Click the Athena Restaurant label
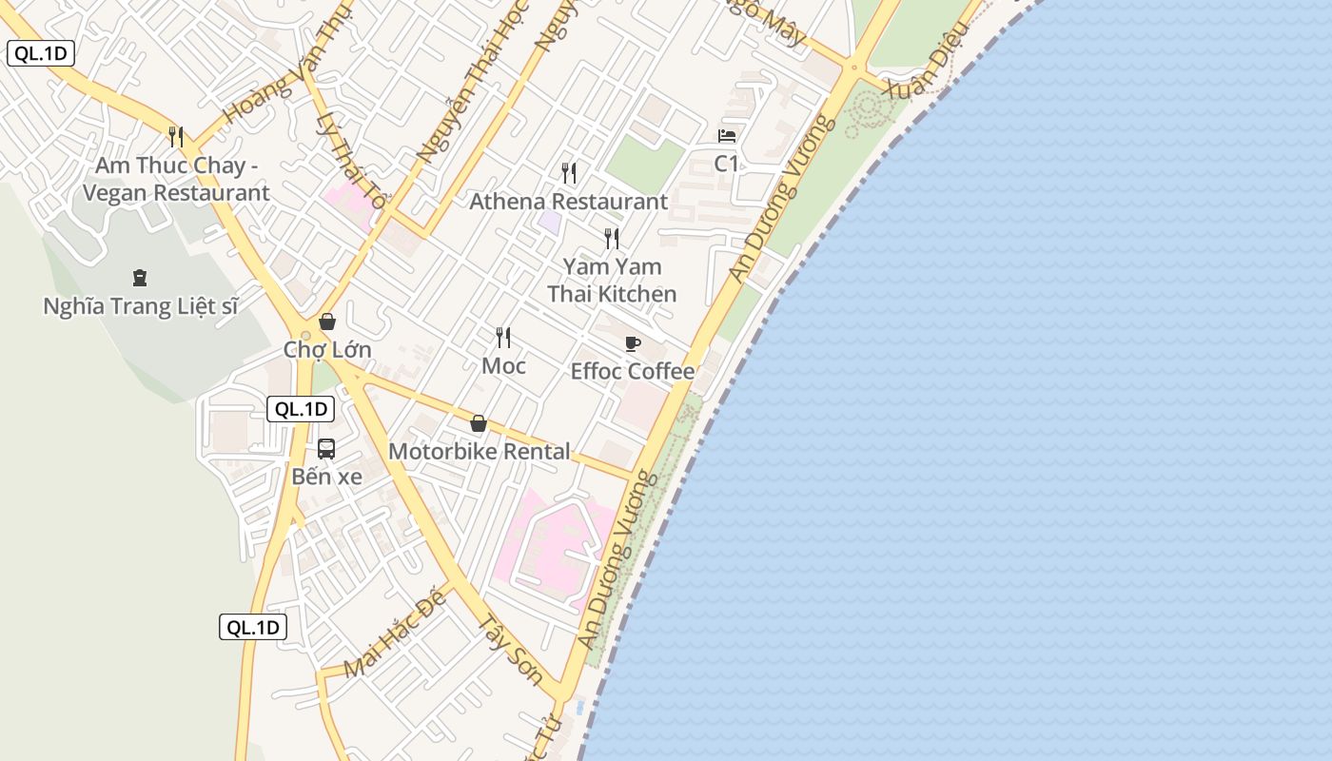click(x=569, y=202)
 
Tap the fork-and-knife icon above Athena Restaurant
click(x=569, y=173)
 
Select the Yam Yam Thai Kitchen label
click(x=612, y=280)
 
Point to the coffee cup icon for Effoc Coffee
click(x=633, y=343)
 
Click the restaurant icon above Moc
click(x=503, y=337)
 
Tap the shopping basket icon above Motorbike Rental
click(x=479, y=423)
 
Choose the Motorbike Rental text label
click(x=480, y=451)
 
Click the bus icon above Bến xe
click(x=326, y=449)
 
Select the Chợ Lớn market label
click(x=327, y=350)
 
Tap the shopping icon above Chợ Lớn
click(x=327, y=322)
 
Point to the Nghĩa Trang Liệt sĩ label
click(x=140, y=306)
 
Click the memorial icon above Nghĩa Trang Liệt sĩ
click(x=140, y=278)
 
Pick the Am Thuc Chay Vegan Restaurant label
click(x=176, y=179)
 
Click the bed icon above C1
click(x=727, y=136)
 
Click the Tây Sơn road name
click(x=509, y=650)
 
